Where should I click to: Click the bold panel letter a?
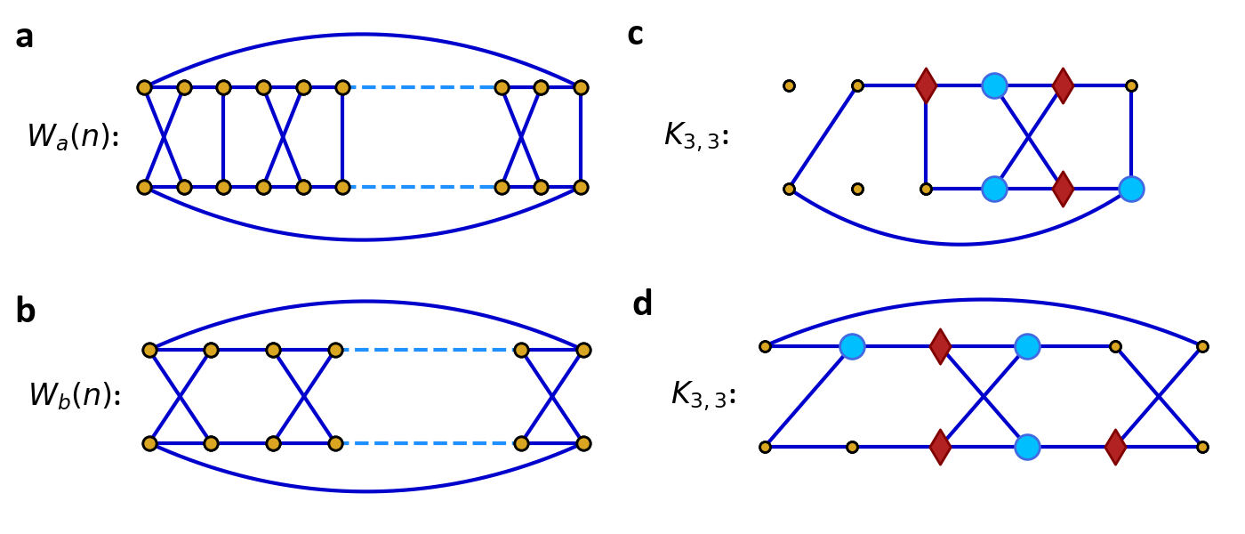(x=25, y=37)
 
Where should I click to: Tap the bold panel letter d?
(x=642, y=304)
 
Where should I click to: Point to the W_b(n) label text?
(x=75, y=395)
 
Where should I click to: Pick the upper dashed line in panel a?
(x=422, y=87)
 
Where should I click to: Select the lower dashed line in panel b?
(x=428, y=443)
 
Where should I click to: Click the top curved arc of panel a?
(x=363, y=35)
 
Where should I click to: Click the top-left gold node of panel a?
(x=144, y=87)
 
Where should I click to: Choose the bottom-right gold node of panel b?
(x=583, y=443)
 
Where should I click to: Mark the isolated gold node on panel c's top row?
(x=789, y=86)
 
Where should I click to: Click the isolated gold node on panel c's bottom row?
(x=857, y=189)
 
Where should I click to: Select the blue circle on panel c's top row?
(x=994, y=86)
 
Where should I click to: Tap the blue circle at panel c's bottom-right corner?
(x=1131, y=189)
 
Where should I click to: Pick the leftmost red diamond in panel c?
(x=926, y=86)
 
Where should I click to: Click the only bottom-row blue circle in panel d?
(x=1027, y=447)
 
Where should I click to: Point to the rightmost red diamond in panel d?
(x=1115, y=447)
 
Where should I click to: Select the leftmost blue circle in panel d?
(x=852, y=346)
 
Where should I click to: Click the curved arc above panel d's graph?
(x=983, y=300)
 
